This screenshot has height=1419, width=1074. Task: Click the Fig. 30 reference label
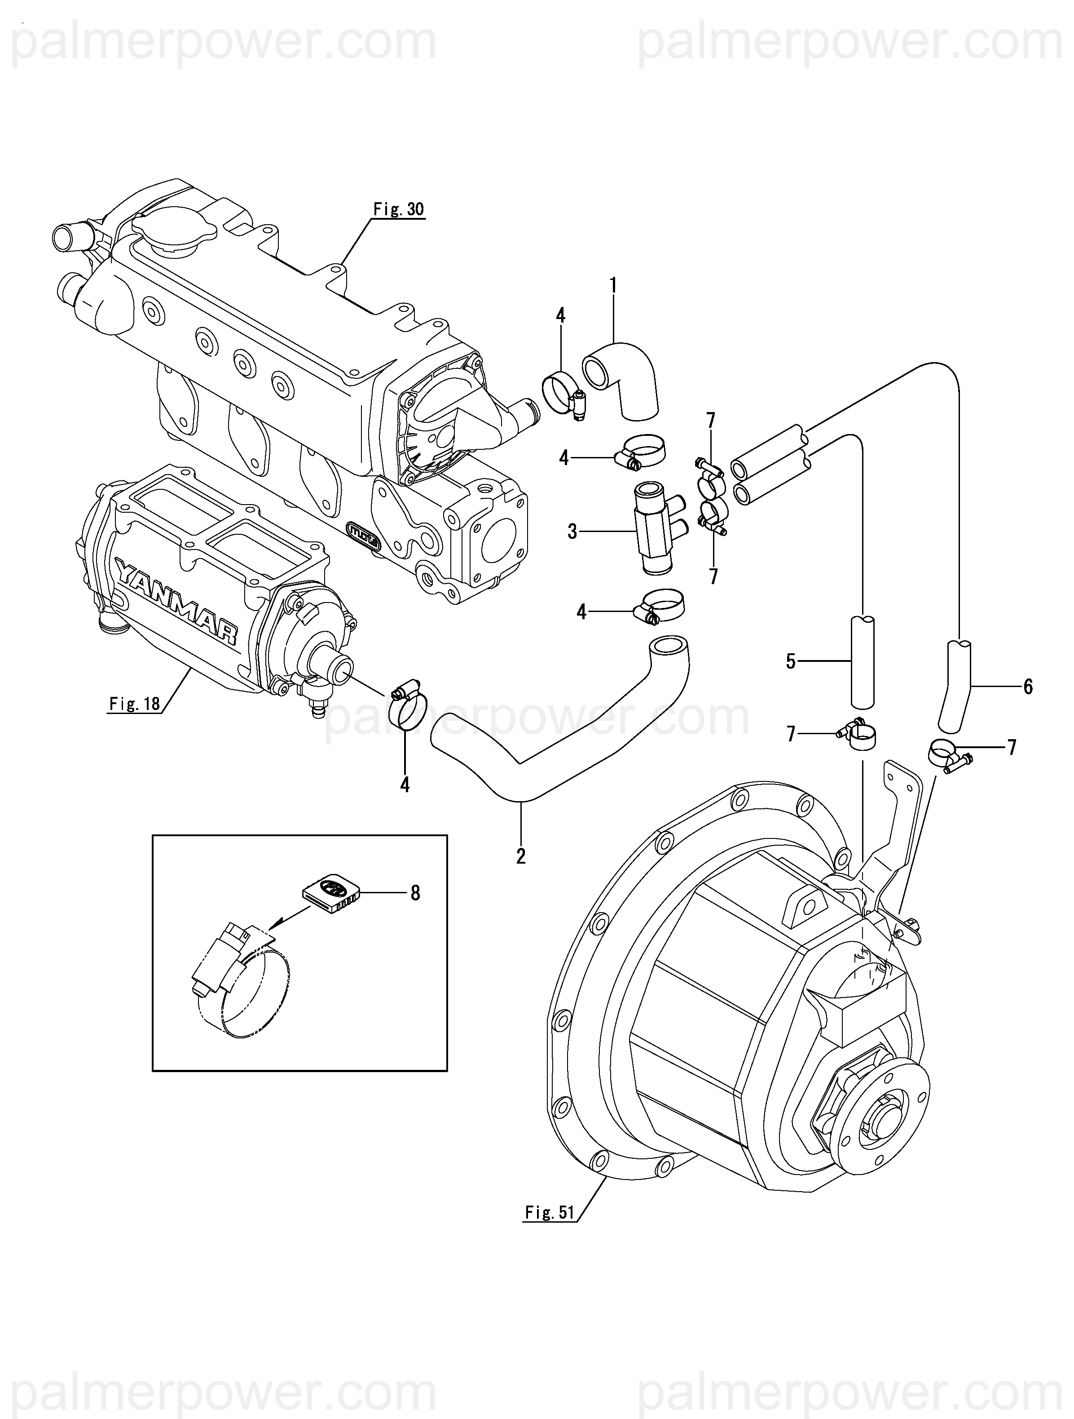[x=398, y=210]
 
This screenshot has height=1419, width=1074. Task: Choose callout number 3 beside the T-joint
[x=572, y=532]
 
